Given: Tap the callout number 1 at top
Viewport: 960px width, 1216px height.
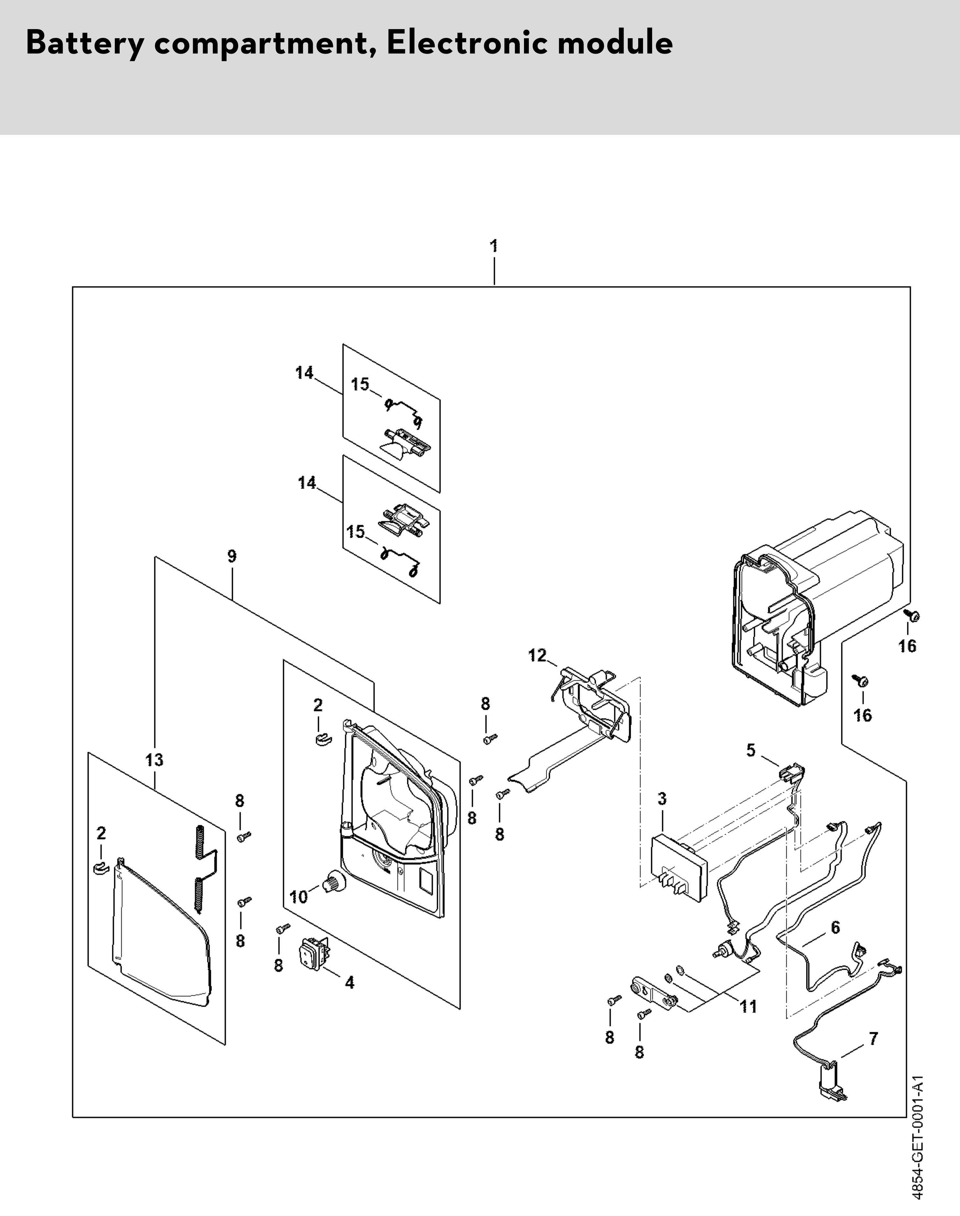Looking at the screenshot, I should pos(494,246).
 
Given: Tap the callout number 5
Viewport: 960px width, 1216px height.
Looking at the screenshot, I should pos(751,750).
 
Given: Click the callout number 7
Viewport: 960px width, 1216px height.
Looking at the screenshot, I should pos(873,1038).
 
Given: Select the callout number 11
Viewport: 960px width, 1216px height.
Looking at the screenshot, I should pos(748,1006).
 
